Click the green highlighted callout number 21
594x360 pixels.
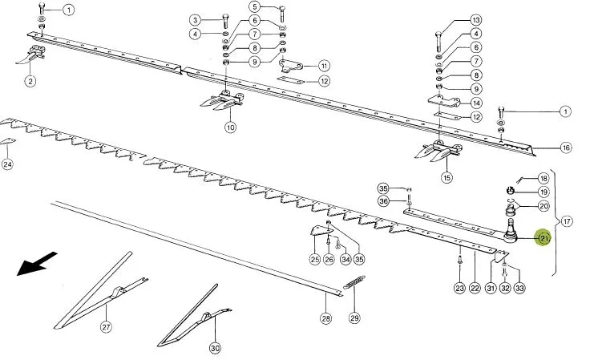click(543, 237)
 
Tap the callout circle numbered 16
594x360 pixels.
click(566, 148)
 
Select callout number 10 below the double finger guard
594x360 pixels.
click(230, 127)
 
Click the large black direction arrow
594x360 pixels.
click(37, 263)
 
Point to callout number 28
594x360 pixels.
click(325, 318)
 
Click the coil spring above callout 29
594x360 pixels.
click(354, 283)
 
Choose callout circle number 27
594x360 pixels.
click(106, 326)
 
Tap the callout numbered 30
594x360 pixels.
click(215, 347)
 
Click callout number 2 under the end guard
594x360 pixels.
click(30, 81)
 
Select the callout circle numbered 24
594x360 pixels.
click(7, 164)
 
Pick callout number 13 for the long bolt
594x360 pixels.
click(476, 20)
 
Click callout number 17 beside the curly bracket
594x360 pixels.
click(567, 221)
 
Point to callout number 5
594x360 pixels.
click(255, 6)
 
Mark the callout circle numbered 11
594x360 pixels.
click(324, 66)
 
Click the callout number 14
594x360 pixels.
click(476, 103)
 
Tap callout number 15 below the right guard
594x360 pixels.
click(447, 177)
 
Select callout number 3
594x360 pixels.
click(195, 20)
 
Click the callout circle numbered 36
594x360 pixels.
click(383, 200)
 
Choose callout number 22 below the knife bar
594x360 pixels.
click(475, 288)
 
